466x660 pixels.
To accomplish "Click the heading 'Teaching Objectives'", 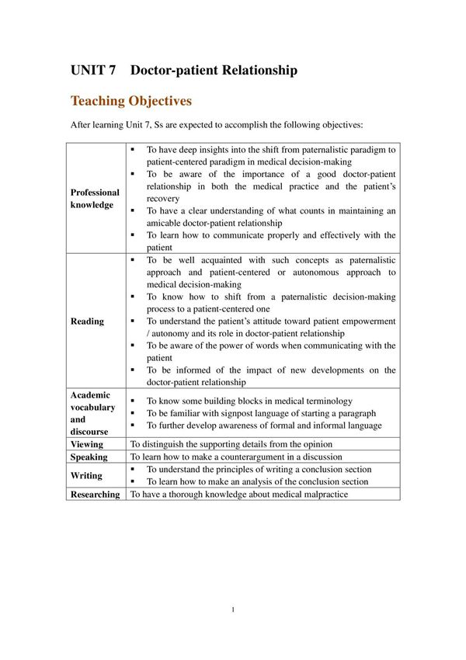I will tap(130, 101).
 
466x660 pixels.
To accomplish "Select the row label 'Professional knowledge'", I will tap(95, 198).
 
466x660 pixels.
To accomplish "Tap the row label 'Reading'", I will tap(87, 321).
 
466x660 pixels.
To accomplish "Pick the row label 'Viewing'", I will tap(86, 445).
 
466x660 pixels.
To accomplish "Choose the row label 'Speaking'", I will tap(89, 457).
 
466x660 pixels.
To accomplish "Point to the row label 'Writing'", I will tap(86, 475).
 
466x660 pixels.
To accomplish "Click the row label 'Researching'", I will tap(96, 494).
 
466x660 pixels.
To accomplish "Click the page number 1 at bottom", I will tap(233, 610).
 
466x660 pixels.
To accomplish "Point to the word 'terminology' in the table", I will tap(325, 401).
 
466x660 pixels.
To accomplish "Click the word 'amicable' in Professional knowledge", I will tap(169, 223).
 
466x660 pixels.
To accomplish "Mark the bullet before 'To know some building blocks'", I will tap(134, 401).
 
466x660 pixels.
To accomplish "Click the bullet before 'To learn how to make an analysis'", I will tap(134, 481).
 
